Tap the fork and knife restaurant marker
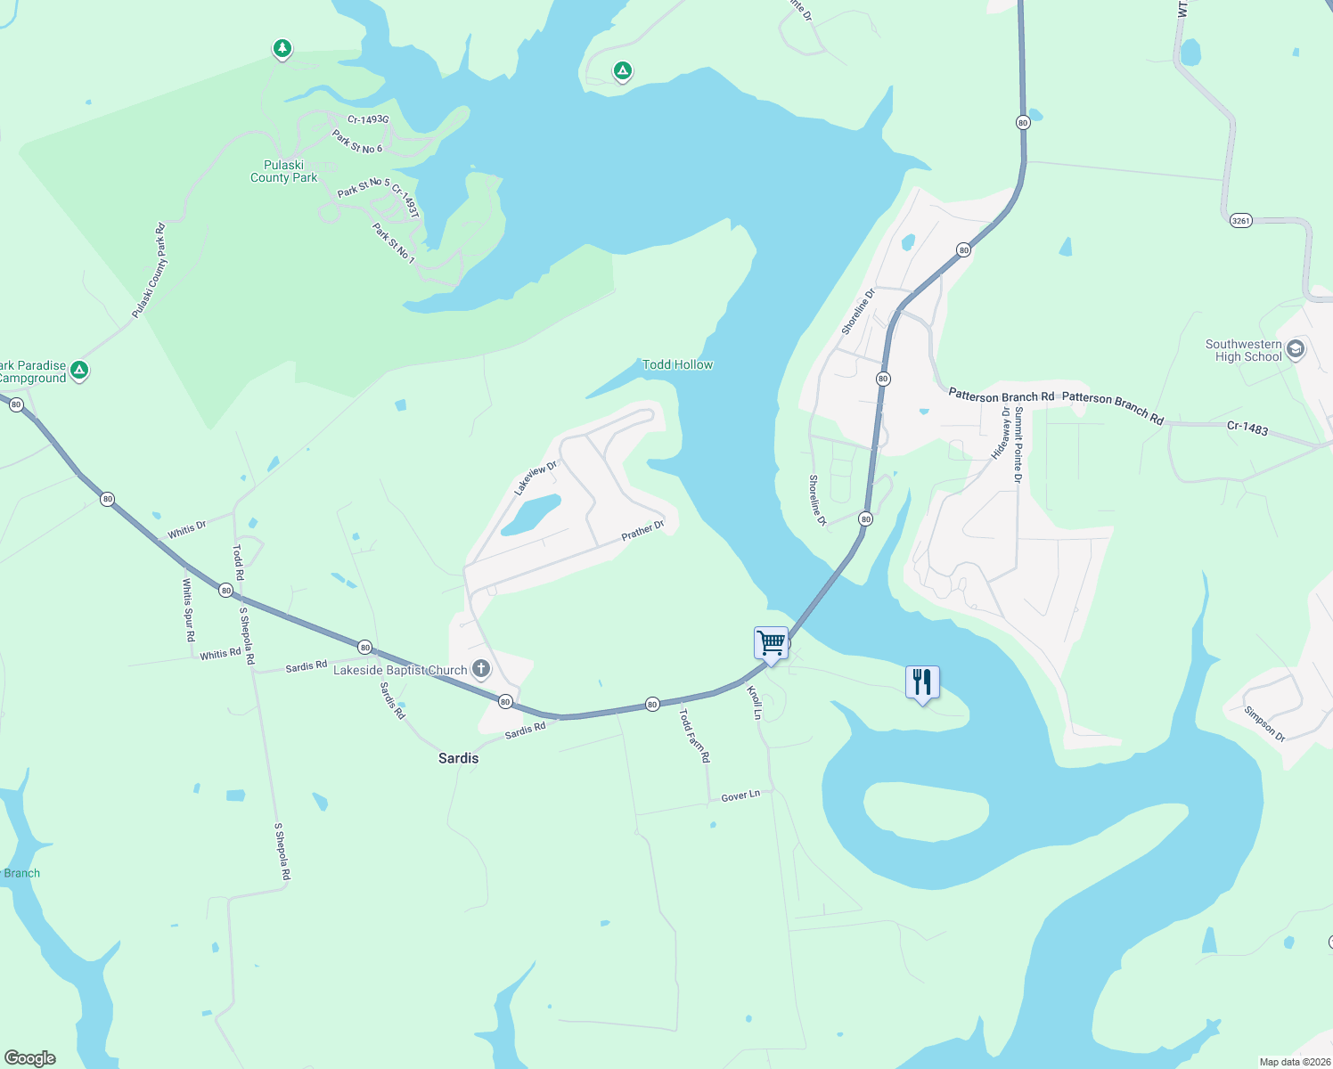pos(922,682)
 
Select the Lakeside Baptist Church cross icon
pos(481,669)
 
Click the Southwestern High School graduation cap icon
pos(1296,348)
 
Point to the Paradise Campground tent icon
pos(79,370)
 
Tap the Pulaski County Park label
pos(283,171)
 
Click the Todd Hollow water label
pos(677,364)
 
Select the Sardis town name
pos(458,758)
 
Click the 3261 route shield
pos(1240,220)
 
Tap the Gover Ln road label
pos(740,796)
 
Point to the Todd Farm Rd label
pos(695,735)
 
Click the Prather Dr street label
pos(642,530)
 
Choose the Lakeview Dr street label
pos(536,478)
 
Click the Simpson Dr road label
pos(1265,723)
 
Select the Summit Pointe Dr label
pos(1018,445)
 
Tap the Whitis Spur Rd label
pos(188,610)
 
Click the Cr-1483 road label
pos(1247,428)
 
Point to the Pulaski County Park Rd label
pos(149,271)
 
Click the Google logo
pos(30,1057)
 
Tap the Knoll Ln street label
pos(755,702)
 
